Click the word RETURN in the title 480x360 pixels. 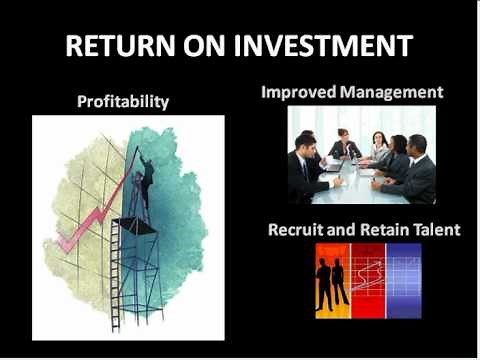point(119,46)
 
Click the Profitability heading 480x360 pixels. point(124,101)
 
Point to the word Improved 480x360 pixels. point(296,92)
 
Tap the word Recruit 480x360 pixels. point(297,229)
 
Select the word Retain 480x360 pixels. point(386,229)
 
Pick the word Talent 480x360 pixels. point(437,229)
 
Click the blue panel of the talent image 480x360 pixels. point(404,280)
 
